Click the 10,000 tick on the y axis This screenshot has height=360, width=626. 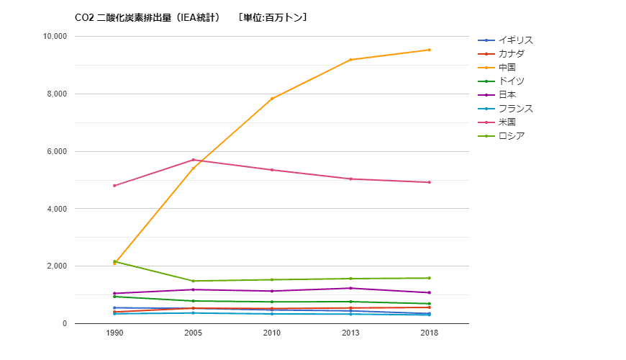point(55,37)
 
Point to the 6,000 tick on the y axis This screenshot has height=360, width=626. point(58,152)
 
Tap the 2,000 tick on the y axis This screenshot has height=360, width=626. point(58,266)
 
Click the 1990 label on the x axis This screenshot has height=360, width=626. point(114,333)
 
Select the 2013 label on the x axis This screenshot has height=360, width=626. point(350,333)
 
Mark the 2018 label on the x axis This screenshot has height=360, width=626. point(430,333)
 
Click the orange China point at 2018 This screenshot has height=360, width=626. point(430,50)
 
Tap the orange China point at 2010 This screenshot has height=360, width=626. point(272,99)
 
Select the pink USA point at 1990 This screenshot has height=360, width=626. point(114,186)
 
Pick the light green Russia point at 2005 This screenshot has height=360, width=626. point(193,281)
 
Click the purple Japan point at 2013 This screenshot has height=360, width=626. point(350,288)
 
